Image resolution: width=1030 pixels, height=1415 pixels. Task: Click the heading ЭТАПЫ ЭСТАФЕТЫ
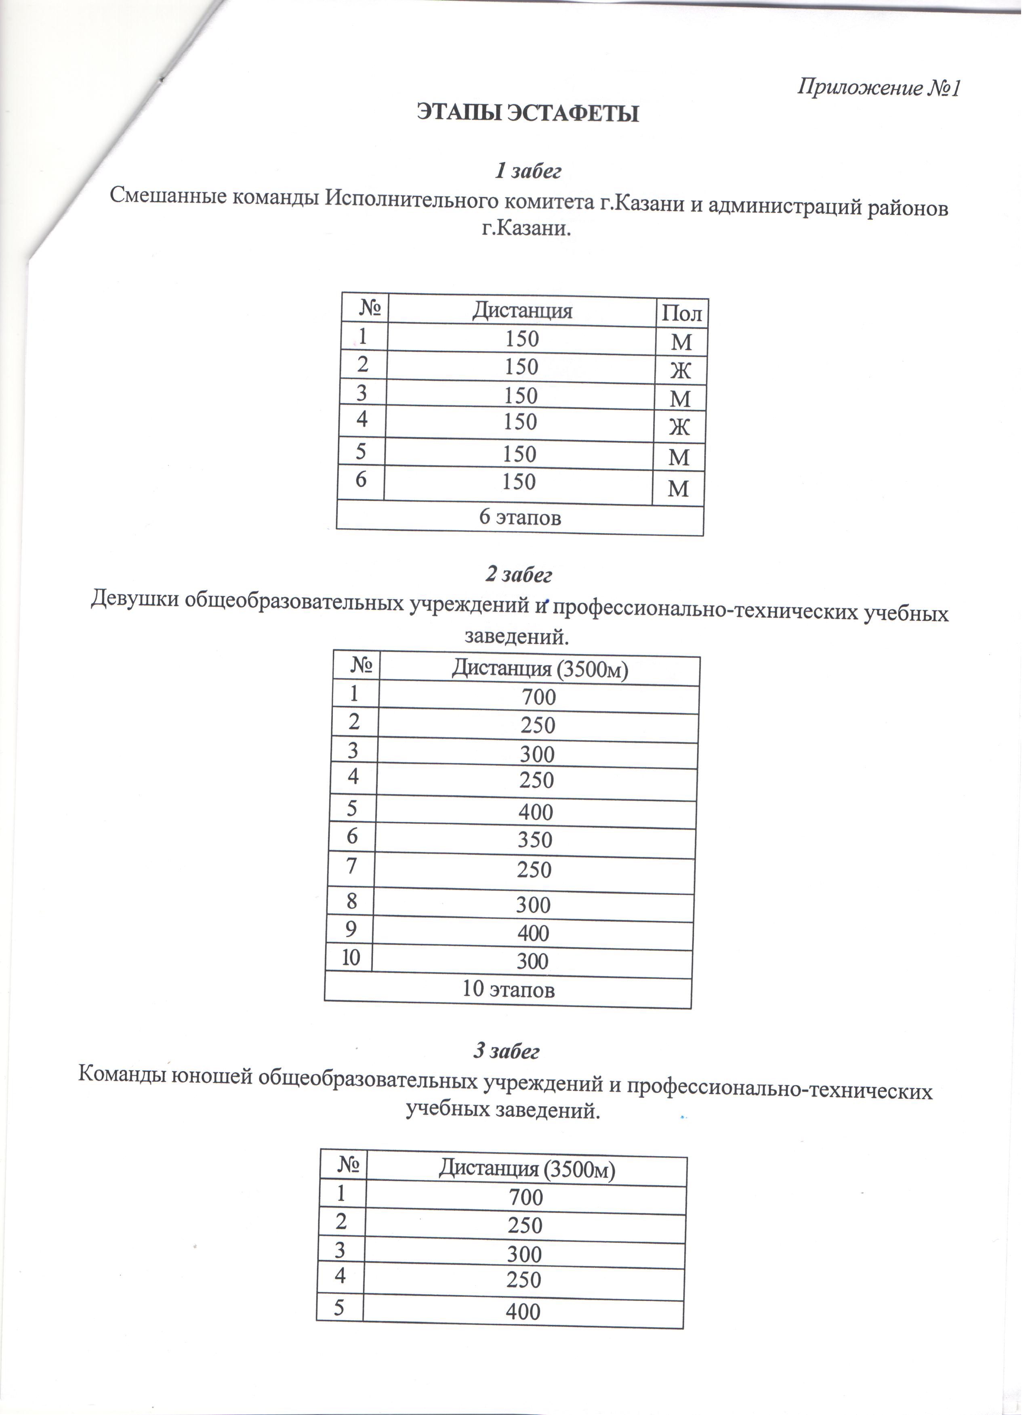[x=528, y=113]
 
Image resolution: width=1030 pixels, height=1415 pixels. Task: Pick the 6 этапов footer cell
[x=520, y=518]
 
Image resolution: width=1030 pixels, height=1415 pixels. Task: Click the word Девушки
[x=135, y=600]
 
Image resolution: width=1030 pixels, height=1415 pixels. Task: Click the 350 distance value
[x=535, y=840]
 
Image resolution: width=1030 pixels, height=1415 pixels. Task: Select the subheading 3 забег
[x=506, y=1052]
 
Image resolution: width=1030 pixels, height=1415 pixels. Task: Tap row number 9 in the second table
[x=351, y=929]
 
